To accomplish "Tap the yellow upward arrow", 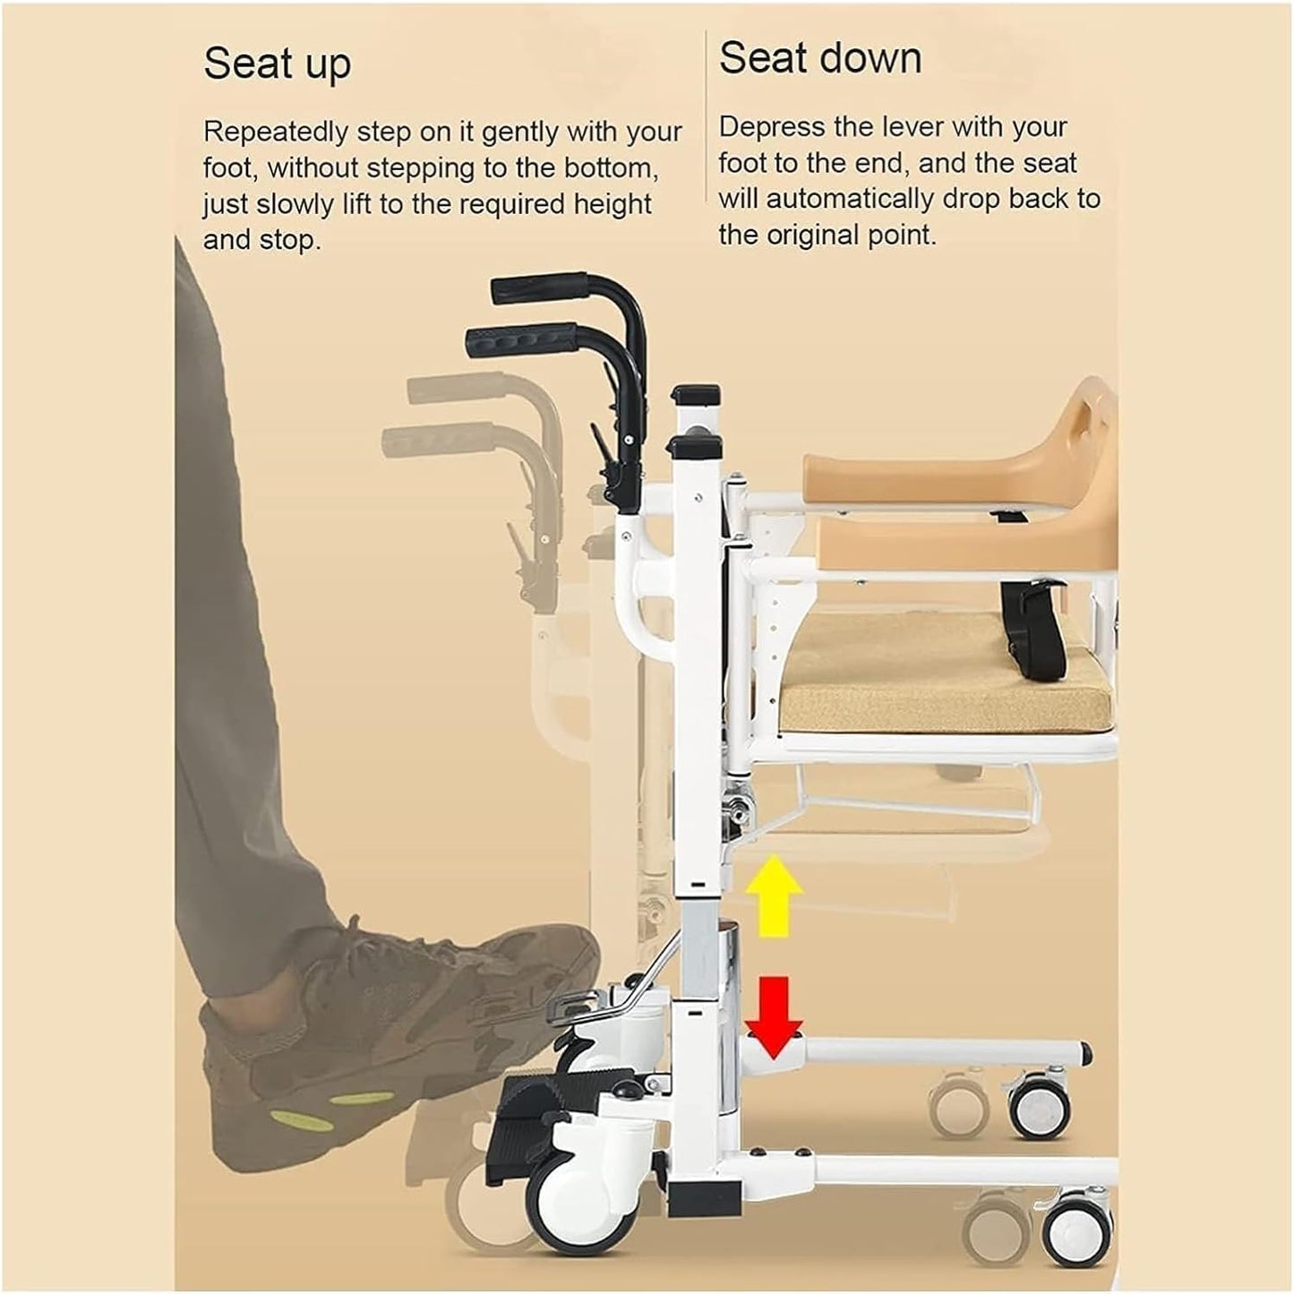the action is (x=774, y=896).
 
